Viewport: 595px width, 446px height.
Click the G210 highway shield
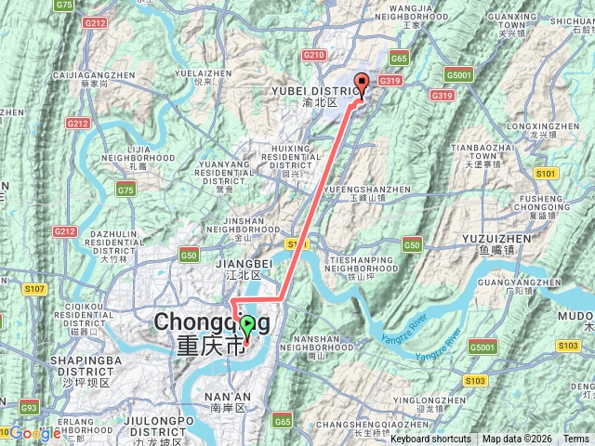(x=314, y=56)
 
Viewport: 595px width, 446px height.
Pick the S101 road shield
(x=546, y=174)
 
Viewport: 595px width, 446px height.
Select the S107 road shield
(x=34, y=289)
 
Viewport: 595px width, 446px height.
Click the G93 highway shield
(x=29, y=407)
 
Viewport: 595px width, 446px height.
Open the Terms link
(x=575, y=439)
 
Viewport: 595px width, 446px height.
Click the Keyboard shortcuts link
(x=430, y=439)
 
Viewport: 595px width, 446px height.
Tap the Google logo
(x=35, y=433)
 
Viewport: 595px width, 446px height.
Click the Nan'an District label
(x=229, y=402)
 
